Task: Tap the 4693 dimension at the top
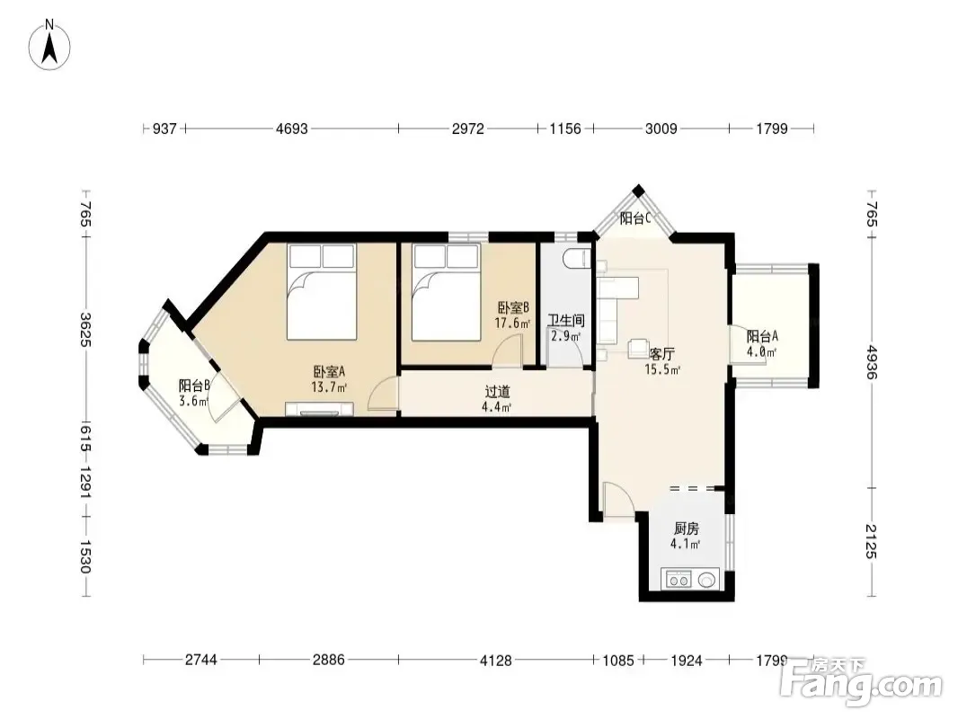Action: [292, 129]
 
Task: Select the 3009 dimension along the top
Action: [661, 129]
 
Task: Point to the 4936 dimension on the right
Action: [872, 362]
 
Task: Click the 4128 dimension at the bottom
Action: [495, 660]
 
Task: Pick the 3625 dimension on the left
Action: [85, 329]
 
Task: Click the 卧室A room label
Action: [329, 371]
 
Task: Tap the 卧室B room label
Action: [513, 308]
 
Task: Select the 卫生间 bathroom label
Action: [566, 321]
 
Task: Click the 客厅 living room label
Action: [661, 354]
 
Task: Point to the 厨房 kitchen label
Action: [686, 528]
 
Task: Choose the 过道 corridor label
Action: [497, 392]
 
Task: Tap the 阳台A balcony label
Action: [762, 337]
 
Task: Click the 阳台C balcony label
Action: [634, 218]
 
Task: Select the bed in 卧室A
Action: [322, 291]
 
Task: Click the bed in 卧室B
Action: [446, 292]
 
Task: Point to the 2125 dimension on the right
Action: [872, 541]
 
